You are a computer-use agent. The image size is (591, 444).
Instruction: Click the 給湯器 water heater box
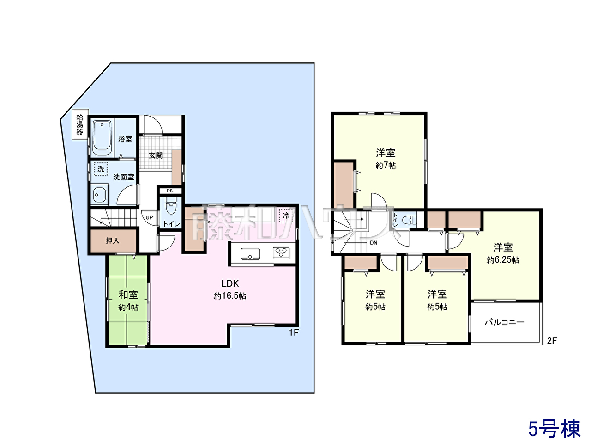[80, 124]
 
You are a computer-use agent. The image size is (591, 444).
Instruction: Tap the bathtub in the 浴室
[102, 138]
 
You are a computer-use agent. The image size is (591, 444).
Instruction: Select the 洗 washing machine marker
[101, 169]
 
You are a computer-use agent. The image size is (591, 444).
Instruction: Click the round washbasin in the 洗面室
[97, 194]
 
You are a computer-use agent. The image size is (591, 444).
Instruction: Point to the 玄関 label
[156, 155]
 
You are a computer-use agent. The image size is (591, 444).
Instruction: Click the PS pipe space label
[169, 191]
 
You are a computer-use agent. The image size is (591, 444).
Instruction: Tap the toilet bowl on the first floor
[171, 205]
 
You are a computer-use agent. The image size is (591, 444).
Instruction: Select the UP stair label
[149, 217]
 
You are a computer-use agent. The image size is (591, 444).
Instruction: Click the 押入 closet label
[113, 240]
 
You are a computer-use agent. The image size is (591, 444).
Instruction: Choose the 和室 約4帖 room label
[128, 301]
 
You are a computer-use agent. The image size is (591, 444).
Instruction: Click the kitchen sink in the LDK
[250, 253]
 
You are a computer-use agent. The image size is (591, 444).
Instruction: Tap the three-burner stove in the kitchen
[281, 253]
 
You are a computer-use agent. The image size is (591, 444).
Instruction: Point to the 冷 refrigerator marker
[286, 216]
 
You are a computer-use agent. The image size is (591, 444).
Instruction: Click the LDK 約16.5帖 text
[230, 290]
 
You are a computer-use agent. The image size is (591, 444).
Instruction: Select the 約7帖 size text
[386, 165]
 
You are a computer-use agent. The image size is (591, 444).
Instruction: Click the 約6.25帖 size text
[503, 260]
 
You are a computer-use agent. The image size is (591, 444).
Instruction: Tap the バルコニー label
[505, 322]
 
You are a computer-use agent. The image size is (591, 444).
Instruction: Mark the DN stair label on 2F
[374, 243]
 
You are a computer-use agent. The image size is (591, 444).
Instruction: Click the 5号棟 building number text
[555, 428]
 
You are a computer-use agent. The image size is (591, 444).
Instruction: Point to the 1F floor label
[294, 333]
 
